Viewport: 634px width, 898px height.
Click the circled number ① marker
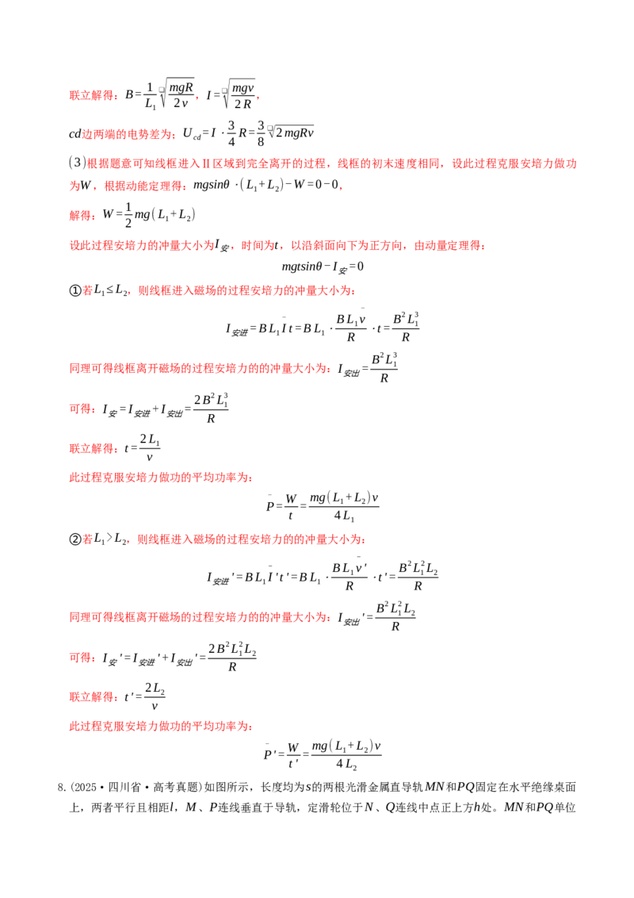click(75, 291)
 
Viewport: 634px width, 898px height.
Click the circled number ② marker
click(75, 539)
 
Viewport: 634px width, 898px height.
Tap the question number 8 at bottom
click(61, 788)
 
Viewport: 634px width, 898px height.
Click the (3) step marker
click(77, 163)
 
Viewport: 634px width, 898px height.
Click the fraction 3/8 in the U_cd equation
click(261, 132)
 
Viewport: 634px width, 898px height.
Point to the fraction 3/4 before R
click(231, 132)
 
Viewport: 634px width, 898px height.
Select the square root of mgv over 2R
click(239, 94)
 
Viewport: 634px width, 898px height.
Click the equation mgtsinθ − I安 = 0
click(323, 267)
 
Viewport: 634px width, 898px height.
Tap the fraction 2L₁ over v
click(150, 448)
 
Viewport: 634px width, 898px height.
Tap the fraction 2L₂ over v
click(155, 697)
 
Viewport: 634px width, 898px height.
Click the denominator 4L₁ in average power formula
click(345, 516)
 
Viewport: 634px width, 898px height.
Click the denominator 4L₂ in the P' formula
click(347, 765)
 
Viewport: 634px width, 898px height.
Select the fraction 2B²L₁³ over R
click(211, 409)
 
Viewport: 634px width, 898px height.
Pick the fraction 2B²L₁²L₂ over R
click(232, 657)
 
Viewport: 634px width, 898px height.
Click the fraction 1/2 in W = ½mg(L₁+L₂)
click(128, 215)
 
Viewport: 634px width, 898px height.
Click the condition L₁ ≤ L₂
click(110, 290)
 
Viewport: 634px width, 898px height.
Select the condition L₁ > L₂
click(110, 539)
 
